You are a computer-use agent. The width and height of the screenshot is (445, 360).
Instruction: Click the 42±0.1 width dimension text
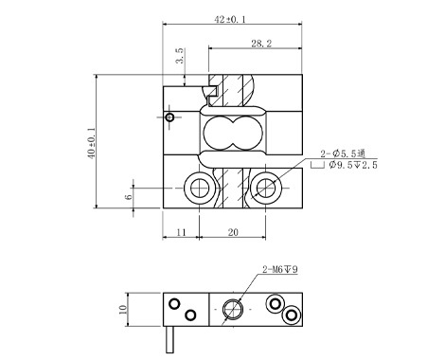[230, 19]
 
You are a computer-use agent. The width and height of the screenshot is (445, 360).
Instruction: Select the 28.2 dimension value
[261, 44]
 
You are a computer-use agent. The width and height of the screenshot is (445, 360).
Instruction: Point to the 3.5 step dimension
[179, 56]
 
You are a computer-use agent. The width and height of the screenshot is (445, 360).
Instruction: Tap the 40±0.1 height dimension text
[91, 143]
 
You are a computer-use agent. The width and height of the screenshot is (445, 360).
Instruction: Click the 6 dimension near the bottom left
[129, 197]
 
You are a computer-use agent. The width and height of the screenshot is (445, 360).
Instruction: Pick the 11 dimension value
[181, 232]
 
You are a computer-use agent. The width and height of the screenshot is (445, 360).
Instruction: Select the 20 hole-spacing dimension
[233, 232]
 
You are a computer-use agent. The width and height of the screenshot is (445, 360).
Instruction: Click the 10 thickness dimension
[123, 309]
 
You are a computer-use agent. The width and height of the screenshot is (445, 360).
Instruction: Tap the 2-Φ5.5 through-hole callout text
[343, 153]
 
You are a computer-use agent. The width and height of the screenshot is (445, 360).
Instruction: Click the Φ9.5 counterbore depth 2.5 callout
[353, 165]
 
